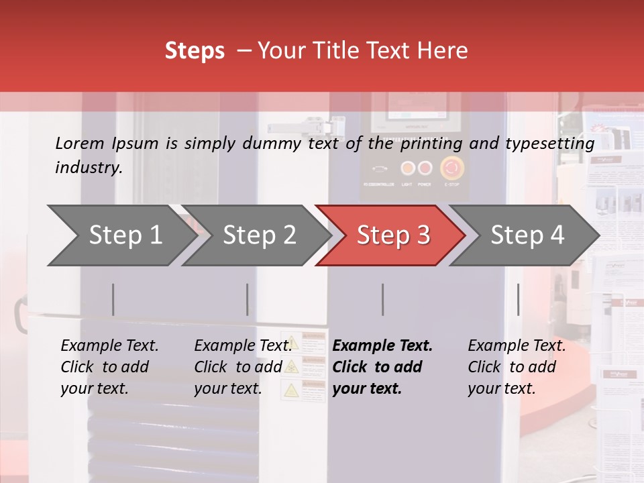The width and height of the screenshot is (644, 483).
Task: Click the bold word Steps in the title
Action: tap(195, 51)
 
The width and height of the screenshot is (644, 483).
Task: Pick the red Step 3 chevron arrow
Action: tap(392, 235)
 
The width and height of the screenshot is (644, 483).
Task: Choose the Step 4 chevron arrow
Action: tap(526, 235)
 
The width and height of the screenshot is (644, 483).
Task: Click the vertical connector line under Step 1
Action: tap(113, 299)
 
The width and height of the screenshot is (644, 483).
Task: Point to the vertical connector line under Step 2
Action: tap(247, 299)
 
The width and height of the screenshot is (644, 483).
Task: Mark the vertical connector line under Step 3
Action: tap(382, 299)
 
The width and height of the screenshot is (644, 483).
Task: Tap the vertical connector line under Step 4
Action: tap(518, 299)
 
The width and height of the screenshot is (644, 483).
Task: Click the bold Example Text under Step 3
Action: tap(382, 367)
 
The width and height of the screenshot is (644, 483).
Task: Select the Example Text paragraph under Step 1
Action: tap(109, 367)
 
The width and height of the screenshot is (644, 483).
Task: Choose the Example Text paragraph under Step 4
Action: tap(517, 367)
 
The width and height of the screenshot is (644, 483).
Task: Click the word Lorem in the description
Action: tap(80, 143)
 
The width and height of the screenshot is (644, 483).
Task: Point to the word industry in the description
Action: tap(88, 168)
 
